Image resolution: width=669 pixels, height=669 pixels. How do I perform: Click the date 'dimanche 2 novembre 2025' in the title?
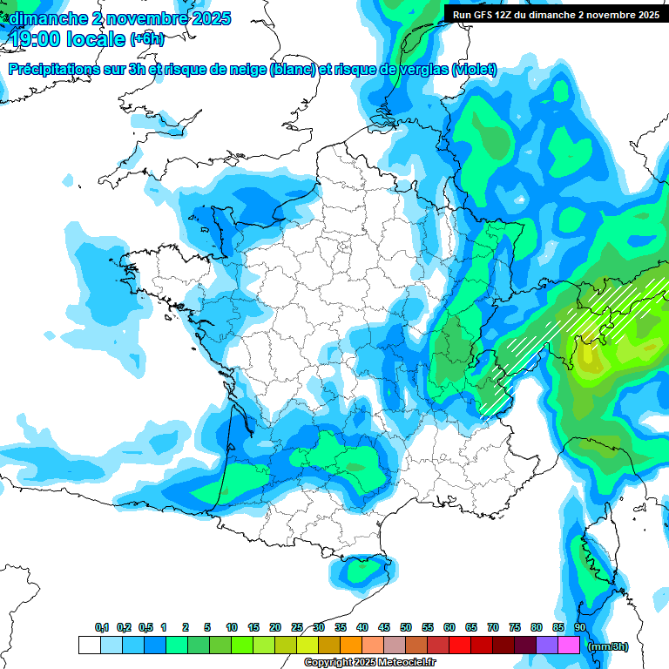coord(119,18)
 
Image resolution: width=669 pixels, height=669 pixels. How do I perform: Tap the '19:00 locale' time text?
coord(68,39)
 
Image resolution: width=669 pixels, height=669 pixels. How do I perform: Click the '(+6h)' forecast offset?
coord(146,40)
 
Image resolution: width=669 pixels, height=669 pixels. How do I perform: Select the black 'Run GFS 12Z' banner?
coord(555,14)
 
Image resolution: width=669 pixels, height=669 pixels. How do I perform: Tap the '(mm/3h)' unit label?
coord(607,646)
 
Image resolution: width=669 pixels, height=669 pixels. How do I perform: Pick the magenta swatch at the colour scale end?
coord(569,645)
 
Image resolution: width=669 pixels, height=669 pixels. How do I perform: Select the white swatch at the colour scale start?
coord(90,645)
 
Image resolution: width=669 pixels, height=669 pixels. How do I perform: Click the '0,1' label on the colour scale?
coord(102,627)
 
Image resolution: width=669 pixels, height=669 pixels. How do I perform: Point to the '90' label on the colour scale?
coord(579,627)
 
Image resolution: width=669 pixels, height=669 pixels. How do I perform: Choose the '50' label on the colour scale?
coord(406,627)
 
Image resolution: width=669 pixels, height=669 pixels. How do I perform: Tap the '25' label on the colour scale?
coord(297,627)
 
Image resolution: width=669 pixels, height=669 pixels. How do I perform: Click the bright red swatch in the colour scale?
coord(460,645)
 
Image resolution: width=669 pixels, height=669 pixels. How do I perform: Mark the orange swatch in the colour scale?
coord(351,645)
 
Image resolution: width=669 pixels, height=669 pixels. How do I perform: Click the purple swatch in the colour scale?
coord(547,645)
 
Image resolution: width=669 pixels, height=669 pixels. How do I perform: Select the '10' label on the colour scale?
coord(232,627)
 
